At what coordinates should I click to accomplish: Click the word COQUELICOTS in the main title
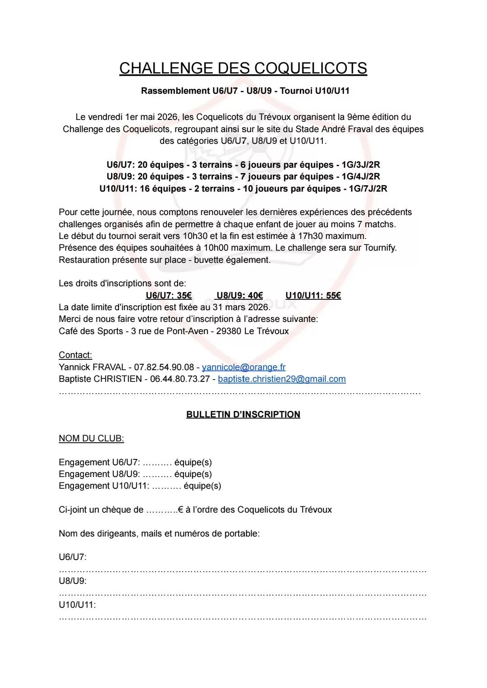click(311, 68)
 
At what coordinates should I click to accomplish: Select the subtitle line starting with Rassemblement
click(245, 91)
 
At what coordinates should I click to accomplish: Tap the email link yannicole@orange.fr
click(243, 367)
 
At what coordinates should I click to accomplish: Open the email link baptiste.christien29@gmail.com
click(282, 379)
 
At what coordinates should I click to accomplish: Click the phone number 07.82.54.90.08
click(164, 367)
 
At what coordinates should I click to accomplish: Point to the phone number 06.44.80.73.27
click(180, 379)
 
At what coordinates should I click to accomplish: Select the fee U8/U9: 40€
click(239, 295)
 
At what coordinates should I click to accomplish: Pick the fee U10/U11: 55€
click(313, 295)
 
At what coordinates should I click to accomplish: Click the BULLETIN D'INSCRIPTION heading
click(243, 414)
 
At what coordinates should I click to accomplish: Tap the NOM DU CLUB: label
click(91, 438)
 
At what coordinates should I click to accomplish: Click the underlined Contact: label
click(75, 355)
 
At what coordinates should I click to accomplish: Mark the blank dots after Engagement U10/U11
click(166, 486)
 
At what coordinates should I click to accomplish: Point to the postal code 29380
click(229, 331)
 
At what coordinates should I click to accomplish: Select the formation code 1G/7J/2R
click(368, 188)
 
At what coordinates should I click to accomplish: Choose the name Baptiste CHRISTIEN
click(100, 379)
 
